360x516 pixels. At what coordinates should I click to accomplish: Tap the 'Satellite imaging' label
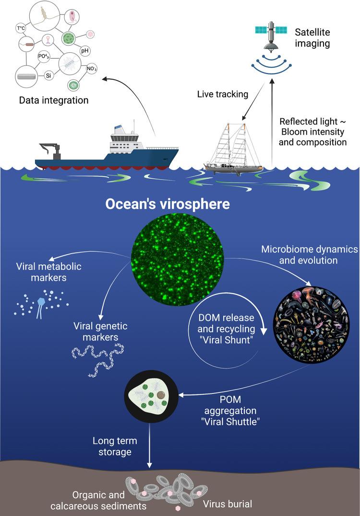(312, 37)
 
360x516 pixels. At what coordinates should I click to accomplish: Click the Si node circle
(48, 76)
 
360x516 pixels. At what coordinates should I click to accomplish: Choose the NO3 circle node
(92, 69)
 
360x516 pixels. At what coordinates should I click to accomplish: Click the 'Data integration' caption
(54, 100)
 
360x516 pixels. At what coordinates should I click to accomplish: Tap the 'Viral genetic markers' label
(99, 331)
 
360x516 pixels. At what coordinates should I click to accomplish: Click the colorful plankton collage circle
(306, 321)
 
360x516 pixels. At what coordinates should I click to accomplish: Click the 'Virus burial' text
(228, 504)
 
